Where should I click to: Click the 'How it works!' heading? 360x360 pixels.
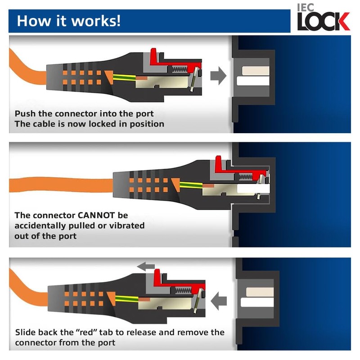[x=68, y=21]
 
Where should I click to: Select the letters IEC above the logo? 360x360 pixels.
[x=306, y=7]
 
